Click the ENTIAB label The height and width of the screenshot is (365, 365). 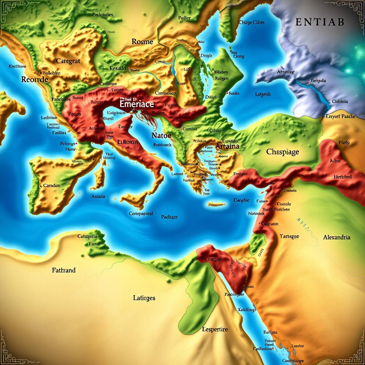click(320, 22)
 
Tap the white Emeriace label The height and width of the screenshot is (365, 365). click(137, 104)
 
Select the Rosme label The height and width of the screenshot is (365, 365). click(142, 41)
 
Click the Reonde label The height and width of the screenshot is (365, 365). click(35, 79)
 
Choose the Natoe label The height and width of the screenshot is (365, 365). click(161, 135)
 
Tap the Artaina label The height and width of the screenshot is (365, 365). click(227, 146)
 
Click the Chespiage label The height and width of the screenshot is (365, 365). click(283, 151)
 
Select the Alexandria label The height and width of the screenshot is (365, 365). click(336, 237)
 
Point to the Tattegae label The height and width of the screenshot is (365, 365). click(289, 236)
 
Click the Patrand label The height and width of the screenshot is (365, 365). click(63, 270)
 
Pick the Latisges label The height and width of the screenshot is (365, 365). click(144, 298)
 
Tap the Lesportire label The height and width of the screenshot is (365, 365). click(214, 329)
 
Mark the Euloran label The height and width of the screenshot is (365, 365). click(127, 142)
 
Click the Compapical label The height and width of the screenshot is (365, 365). click(140, 214)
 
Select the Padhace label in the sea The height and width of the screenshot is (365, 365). click(169, 217)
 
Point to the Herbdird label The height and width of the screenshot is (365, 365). click(343, 176)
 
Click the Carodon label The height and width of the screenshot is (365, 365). click(51, 186)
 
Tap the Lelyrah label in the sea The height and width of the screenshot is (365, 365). click(263, 94)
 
